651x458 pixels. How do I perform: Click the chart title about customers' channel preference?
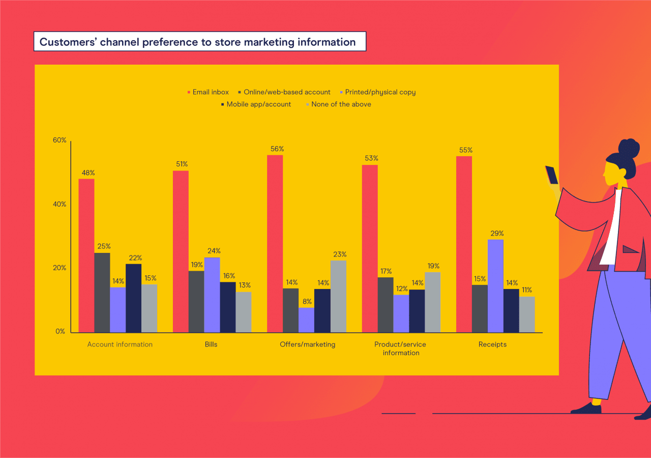coord(198,42)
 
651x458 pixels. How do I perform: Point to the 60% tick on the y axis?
coord(60,140)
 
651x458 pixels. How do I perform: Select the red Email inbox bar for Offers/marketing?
coord(275,244)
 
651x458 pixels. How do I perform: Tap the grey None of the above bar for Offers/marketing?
coord(338,297)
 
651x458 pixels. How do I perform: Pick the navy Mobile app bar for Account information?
coord(134,298)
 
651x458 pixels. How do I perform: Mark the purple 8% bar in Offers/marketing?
coord(307,320)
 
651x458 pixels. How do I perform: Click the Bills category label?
coord(211,345)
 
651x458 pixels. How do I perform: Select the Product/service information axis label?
coord(401,349)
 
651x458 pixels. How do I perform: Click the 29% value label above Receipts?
coord(497,234)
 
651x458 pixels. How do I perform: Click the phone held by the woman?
coord(552,175)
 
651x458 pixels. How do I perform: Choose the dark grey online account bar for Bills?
coord(196,302)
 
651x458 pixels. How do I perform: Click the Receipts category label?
coord(492,345)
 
